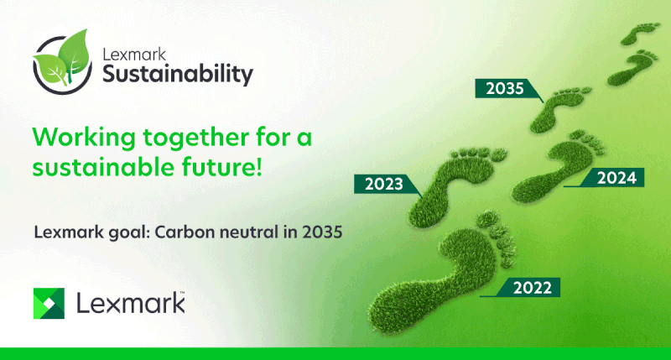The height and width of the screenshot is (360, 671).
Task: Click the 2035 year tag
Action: coord(505,88)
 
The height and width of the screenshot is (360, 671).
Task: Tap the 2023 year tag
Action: coord(384,184)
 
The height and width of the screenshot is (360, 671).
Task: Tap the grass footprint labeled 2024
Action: coord(556,167)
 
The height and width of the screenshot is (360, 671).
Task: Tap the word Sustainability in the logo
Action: coord(178,75)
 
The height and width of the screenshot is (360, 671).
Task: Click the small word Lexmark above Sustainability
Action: coord(134,55)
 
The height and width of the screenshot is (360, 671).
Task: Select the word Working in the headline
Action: coord(84,138)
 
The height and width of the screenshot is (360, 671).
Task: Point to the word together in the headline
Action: coord(196,138)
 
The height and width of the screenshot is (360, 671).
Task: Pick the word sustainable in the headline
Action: coord(103,167)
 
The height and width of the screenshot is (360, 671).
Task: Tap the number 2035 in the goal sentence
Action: coord(322,232)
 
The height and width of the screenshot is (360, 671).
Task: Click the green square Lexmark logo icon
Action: coord(49,304)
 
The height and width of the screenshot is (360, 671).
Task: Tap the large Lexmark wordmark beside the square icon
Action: coord(131,303)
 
